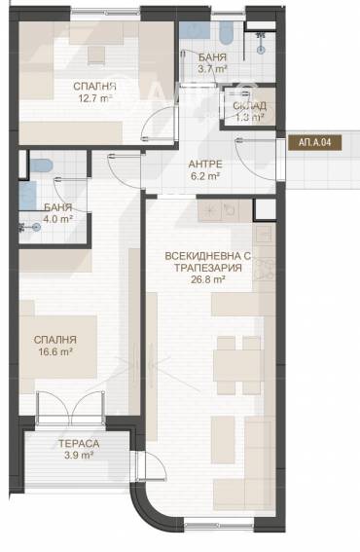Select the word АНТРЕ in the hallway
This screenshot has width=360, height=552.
point(206,165)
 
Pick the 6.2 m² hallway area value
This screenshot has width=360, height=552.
point(206,177)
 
